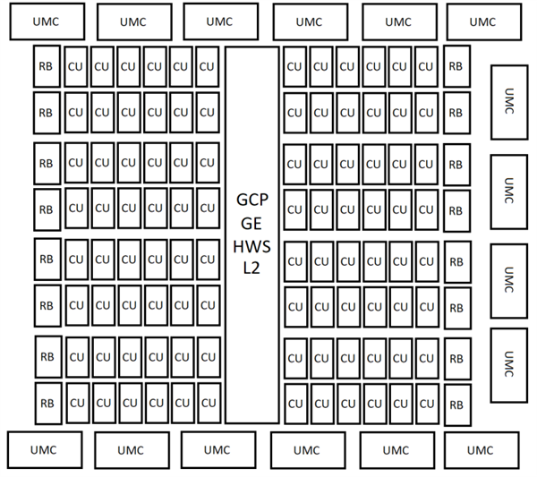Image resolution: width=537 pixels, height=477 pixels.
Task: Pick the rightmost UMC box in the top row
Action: [482, 22]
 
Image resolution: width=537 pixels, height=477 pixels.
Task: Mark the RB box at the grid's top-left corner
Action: [47, 66]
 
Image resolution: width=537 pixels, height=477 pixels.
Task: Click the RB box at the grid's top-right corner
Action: [456, 66]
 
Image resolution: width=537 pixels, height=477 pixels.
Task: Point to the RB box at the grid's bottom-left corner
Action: [47, 401]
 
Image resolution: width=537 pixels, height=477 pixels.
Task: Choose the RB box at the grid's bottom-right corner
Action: [456, 405]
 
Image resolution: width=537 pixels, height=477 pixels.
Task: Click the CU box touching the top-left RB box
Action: [76, 66]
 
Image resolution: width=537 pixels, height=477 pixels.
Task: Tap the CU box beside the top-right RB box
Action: [425, 66]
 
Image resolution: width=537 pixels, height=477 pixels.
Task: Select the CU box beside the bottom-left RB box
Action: [76, 401]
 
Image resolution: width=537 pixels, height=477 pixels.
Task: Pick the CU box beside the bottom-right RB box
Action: [425, 404]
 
